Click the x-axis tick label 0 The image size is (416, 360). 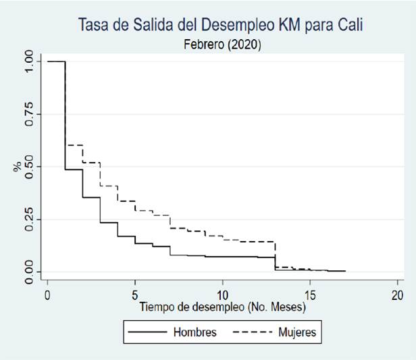(x=47, y=295)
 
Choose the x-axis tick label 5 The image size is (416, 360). (x=135, y=295)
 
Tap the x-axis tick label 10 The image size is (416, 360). (x=222, y=295)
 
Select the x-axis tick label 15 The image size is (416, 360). (x=309, y=295)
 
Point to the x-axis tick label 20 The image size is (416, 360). (x=397, y=295)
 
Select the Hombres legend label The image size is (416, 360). (x=195, y=332)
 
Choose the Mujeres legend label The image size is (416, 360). (x=296, y=332)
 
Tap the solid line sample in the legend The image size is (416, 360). (x=147, y=332)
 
